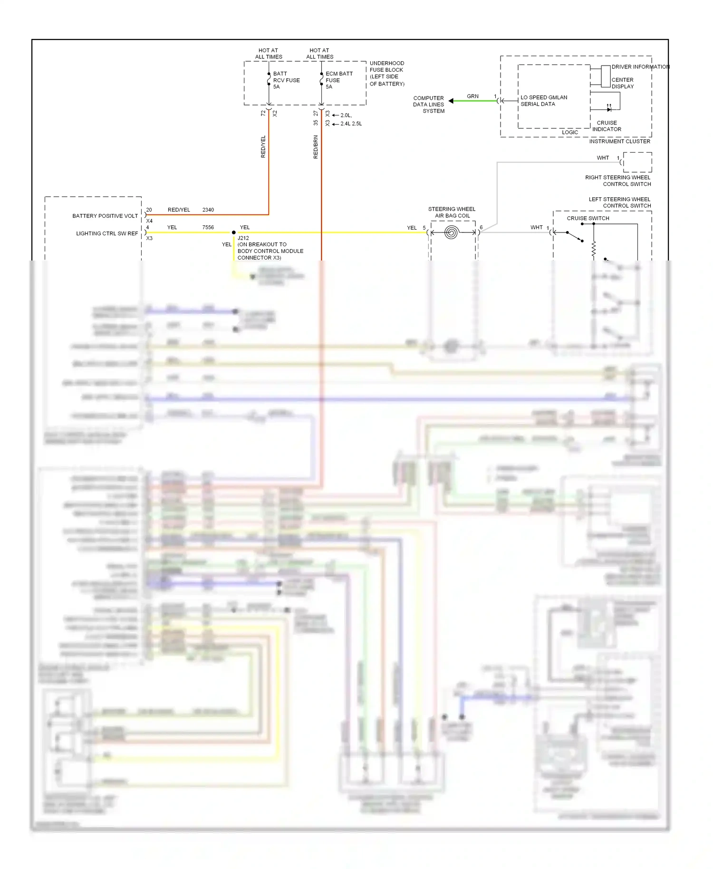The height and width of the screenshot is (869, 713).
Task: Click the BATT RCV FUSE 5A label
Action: click(286, 80)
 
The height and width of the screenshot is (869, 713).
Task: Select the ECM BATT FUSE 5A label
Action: click(338, 80)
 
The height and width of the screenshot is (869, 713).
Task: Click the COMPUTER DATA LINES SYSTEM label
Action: click(429, 105)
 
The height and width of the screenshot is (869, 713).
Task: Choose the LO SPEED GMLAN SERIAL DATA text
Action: click(543, 101)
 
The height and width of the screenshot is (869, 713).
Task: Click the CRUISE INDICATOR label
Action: click(607, 126)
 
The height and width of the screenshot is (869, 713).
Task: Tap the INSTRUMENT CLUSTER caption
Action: click(619, 141)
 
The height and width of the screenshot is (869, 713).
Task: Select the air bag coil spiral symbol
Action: click(452, 232)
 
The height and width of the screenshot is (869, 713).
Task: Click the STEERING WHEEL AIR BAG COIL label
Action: click(452, 212)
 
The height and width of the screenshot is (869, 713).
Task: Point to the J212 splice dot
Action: click(234, 232)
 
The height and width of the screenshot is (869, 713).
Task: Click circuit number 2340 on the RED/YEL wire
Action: click(208, 210)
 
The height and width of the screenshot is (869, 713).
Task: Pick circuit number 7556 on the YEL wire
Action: click(208, 227)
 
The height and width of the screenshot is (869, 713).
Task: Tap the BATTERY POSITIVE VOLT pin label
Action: click(105, 216)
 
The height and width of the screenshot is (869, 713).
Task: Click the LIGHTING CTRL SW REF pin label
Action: click(107, 233)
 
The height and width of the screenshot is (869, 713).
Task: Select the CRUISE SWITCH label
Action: click(588, 218)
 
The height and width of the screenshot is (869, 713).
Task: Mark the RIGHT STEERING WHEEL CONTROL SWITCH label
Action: click(618, 181)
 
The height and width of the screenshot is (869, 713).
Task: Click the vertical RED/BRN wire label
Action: click(316, 147)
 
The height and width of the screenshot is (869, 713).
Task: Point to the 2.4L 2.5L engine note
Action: click(351, 124)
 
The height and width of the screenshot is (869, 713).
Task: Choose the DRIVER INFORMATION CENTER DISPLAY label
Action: click(632, 77)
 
